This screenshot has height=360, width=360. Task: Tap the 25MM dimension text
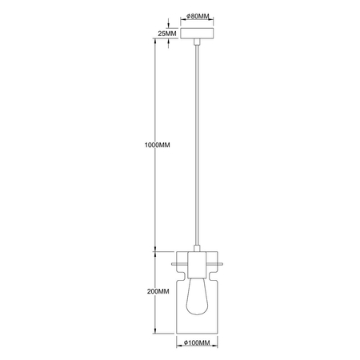point(166,34)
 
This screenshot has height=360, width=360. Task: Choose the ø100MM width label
point(197,343)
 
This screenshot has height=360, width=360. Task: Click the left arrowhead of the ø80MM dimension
point(183,23)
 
